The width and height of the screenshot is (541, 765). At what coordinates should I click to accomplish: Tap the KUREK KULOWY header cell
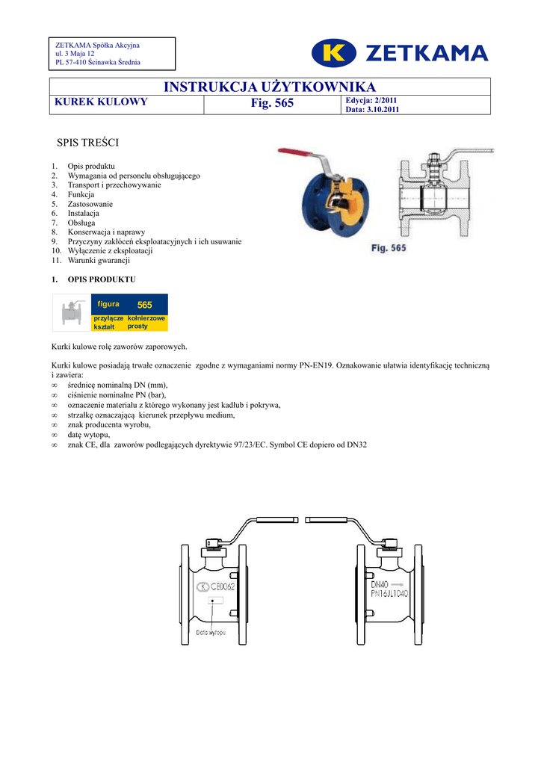pos(100,102)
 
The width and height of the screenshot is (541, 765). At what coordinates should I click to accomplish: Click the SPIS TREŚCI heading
pos(88,142)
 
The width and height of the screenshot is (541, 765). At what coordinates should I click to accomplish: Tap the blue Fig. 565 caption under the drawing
pos(389,247)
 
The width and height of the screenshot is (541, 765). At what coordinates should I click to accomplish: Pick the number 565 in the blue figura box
pos(144,305)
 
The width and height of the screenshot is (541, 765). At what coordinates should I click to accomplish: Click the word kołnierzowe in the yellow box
pos(146,318)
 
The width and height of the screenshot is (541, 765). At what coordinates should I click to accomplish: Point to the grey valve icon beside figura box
pos(71,312)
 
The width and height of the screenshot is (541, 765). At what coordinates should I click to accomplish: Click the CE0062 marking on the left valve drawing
pos(223,586)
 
